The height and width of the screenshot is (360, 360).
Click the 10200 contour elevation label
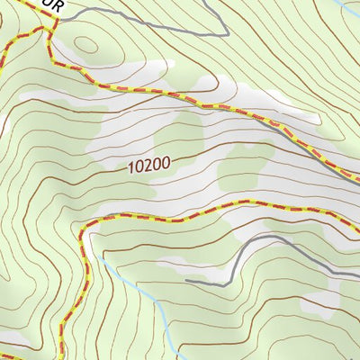[x=148, y=166]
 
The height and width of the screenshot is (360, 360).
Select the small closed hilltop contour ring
[x=86, y=44]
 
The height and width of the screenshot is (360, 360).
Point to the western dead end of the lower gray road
[x=186, y=281]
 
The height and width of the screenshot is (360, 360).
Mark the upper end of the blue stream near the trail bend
[x=102, y=256]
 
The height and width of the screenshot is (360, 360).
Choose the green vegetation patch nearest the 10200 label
[x=180, y=139]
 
